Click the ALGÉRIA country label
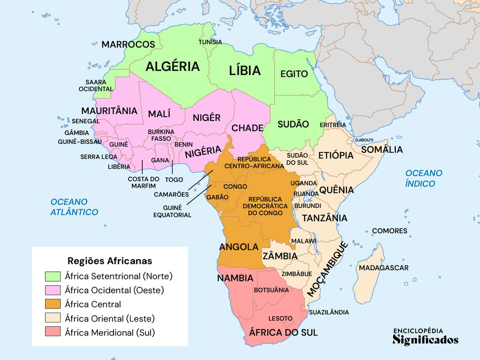point(172,67)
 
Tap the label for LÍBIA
point(245,71)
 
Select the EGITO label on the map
point(294,74)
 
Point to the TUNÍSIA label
point(210,42)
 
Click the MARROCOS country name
point(128,45)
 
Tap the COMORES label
point(390,231)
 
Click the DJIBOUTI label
point(364,140)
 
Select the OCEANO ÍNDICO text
point(424,178)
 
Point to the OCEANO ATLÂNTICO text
point(75,207)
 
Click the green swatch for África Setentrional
point(53,276)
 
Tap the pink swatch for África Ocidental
point(53,290)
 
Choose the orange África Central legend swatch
point(53,304)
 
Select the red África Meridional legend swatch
point(53,333)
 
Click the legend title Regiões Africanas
point(110,261)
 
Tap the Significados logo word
point(425,340)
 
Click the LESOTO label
point(280,319)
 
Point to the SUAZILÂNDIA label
point(329,312)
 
